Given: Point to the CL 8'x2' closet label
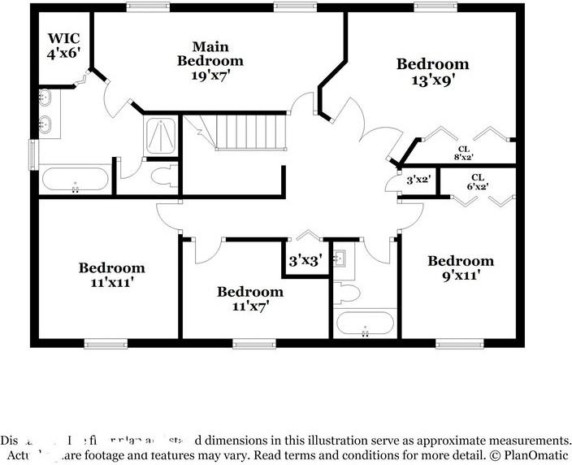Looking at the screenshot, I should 463,153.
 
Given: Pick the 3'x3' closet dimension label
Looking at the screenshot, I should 306,261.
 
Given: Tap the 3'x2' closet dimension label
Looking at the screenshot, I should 418,179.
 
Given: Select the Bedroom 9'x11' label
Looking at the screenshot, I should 461,268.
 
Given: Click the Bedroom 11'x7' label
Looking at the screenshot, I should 250,298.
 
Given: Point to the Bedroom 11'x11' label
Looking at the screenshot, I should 112,275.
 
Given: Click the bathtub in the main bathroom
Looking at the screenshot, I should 74,179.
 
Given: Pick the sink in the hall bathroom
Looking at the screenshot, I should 341,259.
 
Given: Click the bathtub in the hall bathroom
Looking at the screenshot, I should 365,323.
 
